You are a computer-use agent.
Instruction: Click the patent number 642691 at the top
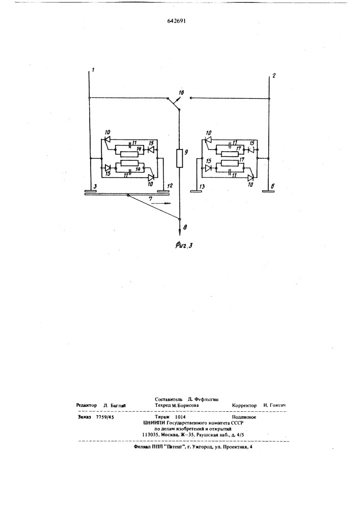pos(177,21)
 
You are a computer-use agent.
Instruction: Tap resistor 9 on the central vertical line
pos(180,158)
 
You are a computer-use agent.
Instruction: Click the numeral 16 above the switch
pos(181,93)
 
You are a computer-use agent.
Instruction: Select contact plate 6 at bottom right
pos(269,191)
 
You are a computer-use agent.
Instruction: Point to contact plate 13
pos(196,191)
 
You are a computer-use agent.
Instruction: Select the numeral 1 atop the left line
pos(93,69)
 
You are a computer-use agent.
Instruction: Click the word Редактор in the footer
pos(87,405)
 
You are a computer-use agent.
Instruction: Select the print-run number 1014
pos(180,417)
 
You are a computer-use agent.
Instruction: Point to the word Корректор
pos(244,406)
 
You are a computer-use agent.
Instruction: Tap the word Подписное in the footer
pos(244,417)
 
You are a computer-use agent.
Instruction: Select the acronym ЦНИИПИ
pos(154,423)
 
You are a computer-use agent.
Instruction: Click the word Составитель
pos(167,399)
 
